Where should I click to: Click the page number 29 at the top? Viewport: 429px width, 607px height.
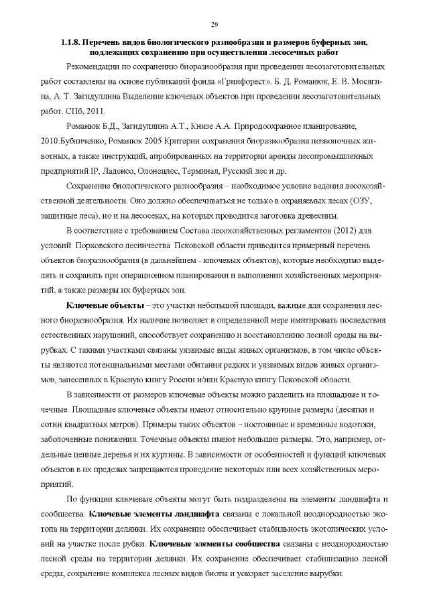[x=214, y=25]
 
